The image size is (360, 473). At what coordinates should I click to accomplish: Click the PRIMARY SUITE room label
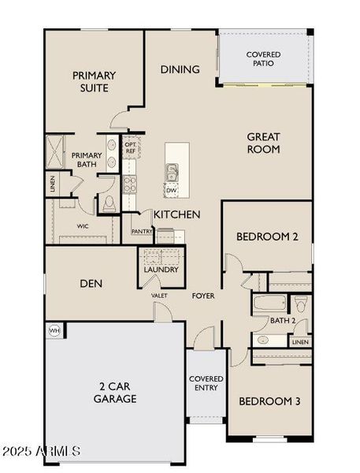click(x=94, y=82)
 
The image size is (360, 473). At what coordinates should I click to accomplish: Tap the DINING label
click(x=180, y=69)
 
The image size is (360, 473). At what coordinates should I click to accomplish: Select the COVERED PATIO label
click(x=263, y=58)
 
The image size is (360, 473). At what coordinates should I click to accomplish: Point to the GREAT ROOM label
click(x=264, y=143)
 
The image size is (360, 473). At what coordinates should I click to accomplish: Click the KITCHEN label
click(x=176, y=214)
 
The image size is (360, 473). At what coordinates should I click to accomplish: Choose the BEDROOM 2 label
click(x=267, y=236)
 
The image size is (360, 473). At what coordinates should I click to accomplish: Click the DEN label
click(x=93, y=284)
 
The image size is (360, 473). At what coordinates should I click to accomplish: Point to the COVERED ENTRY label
click(x=206, y=384)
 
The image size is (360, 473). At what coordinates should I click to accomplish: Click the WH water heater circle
click(x=54, y=330)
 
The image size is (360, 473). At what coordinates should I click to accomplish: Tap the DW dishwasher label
click(x=171, y=190)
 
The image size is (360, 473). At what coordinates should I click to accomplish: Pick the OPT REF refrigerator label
click(x=131, y=147)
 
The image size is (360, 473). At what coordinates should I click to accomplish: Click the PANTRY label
click(x=142, y=232)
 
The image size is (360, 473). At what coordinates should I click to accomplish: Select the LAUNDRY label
click(x=161, y=270)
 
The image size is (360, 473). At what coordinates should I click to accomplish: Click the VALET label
click(x=160, y=296)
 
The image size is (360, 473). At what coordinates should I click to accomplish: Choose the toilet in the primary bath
click(x=109, y=204)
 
